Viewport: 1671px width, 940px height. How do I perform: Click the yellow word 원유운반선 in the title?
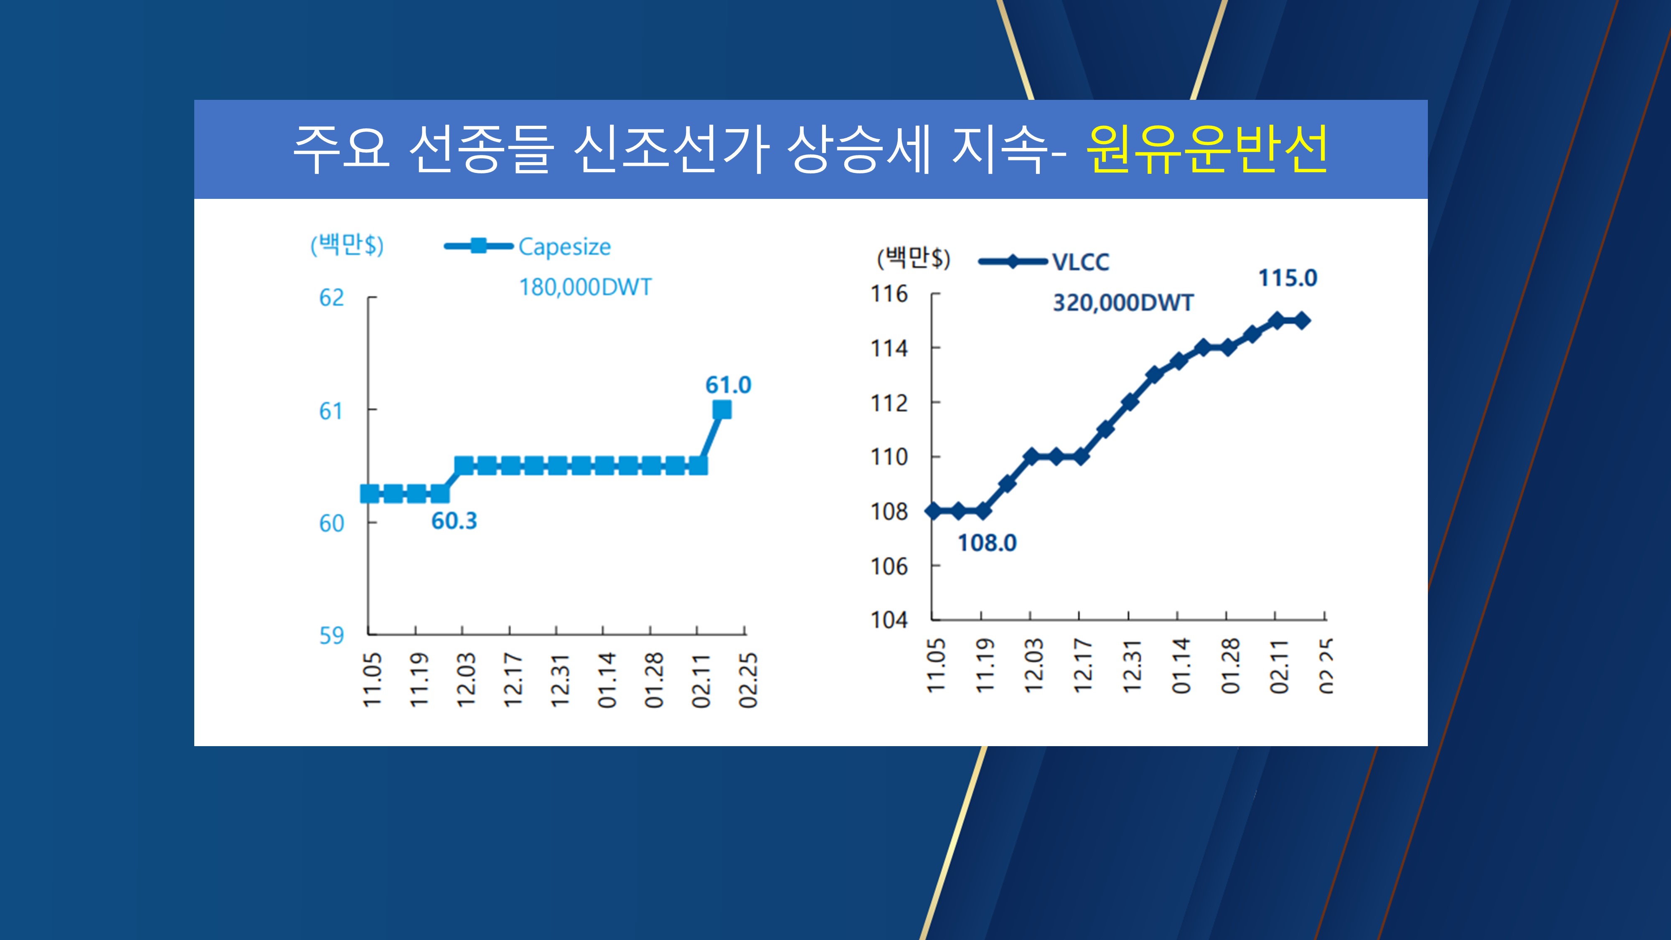[x=1206, y=150]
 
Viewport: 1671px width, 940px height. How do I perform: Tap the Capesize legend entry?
[x=564, y=247]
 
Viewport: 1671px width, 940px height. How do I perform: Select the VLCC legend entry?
[x=1080, y=262]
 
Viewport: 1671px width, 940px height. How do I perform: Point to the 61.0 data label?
[x=728, y=385]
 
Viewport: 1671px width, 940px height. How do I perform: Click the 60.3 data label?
[x=454, y=521]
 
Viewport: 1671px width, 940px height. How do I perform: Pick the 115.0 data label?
[x=1288, y=278]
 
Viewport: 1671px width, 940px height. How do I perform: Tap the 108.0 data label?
[x=987, y=543]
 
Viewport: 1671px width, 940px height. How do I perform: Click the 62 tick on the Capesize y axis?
[x=331, y=298]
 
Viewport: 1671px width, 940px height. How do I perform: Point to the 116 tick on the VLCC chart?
[x=889, y=294]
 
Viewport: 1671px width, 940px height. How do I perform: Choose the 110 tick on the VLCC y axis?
[x=889, y=457]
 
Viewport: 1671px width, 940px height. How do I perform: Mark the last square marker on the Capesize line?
[x=721, y=409]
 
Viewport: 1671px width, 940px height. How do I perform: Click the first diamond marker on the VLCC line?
[x=933, y=511]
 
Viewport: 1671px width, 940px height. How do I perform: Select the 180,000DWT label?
[x=585, y=287]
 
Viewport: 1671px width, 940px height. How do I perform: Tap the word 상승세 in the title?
[x=859, y=150]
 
